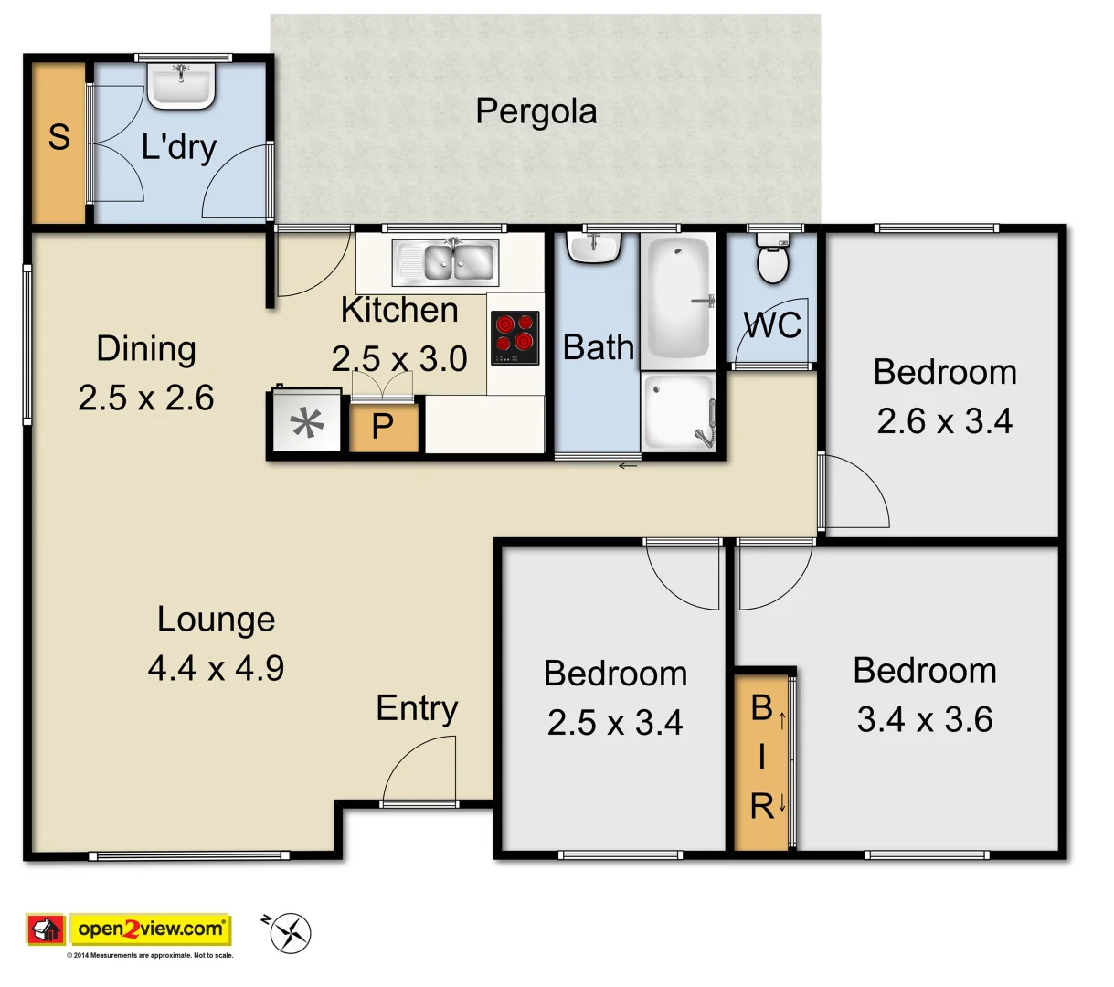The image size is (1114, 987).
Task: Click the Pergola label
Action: [x=536, y=112]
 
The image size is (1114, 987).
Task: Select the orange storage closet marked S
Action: [x=58, y=142]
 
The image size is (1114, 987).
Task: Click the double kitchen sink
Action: [x=446, y=262]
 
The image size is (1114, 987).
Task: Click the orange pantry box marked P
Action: [x=384, y=427]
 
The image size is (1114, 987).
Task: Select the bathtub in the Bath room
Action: [x=678, y=299]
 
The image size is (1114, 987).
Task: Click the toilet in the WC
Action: [x=773, y=260]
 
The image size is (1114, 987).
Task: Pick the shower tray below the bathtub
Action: [x=678, y=412]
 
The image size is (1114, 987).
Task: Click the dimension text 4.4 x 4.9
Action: [x=216, y=669]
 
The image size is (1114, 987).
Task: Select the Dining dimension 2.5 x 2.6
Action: [x=146, y=398]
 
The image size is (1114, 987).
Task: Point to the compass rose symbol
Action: [x=292, y=933]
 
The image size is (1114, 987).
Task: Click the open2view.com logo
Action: [x=151, y=929]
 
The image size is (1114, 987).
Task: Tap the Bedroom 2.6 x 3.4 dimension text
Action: [x=944, y=421]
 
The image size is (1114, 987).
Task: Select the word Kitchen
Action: [x=399, y=311]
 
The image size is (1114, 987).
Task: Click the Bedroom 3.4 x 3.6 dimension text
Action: [x=925, y=720]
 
